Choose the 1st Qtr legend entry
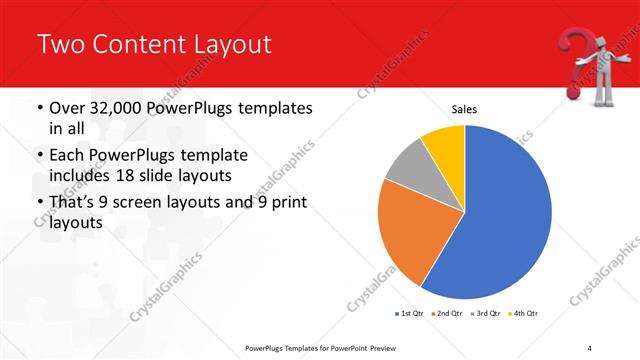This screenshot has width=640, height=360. [x=409, y=314]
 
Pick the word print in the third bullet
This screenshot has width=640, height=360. [x=286, y=205]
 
